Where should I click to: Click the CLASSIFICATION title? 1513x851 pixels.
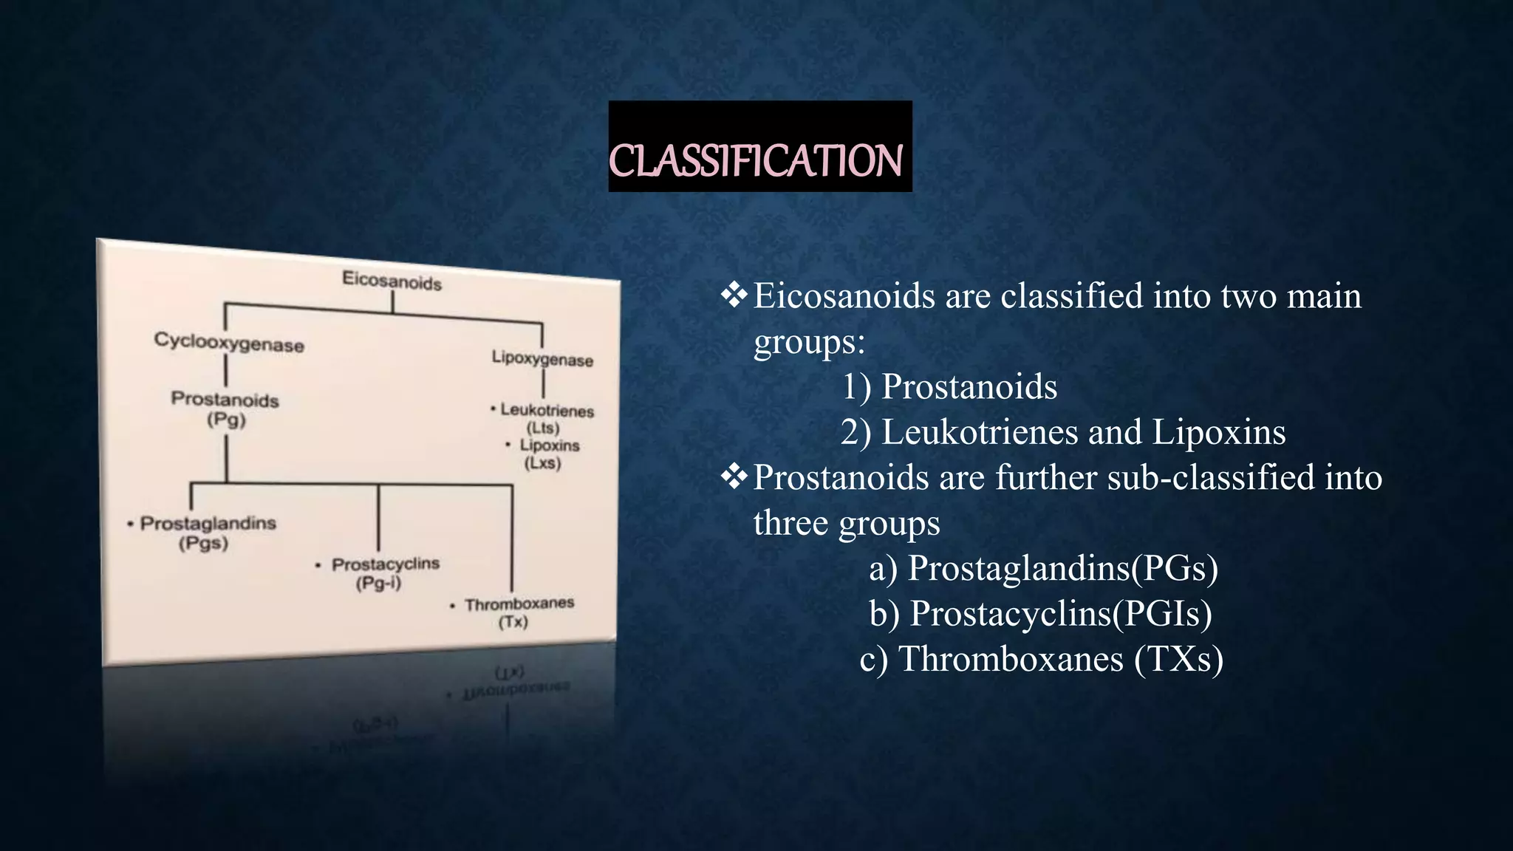pos(755,160)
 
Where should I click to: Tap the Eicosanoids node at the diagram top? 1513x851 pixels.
pos(392,281)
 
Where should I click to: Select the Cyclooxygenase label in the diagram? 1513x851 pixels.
pos(229,343)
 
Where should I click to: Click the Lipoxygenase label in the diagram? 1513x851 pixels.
pos(542,359)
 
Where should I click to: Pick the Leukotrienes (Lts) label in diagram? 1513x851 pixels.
pos(546,418)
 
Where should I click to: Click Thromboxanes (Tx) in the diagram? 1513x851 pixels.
pos(518,612)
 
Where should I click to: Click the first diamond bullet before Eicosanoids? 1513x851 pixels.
pos(734,296)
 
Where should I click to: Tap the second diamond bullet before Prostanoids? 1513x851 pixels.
pos(734,477)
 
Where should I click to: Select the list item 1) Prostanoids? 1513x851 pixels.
pos(949,386)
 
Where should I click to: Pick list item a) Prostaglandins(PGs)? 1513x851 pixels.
pos(1043,568)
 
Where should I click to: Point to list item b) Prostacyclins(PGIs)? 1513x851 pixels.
pos(1040,613)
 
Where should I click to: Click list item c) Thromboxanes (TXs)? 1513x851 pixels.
pos(1041,659)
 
